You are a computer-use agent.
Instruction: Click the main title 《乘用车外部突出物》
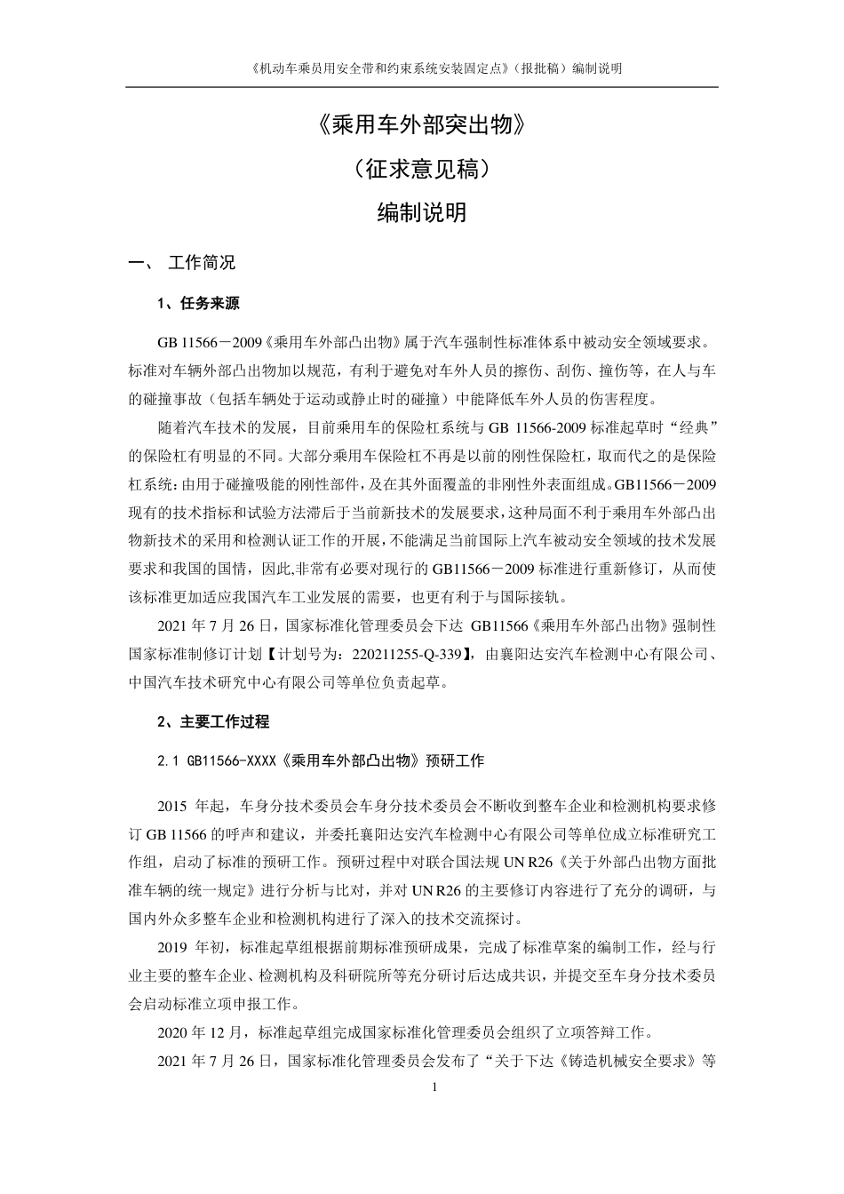(x=422, y=125)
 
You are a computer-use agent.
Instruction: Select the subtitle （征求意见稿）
(x=422, y=169)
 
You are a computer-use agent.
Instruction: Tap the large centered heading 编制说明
(x=422, y=213)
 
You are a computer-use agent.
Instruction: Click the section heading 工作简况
(x=202, y=263)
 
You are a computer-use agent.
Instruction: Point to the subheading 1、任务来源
(x=198, y=304)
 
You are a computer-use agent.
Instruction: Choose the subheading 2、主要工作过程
(x=212, y=721)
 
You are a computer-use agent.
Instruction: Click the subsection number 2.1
(x=168, y=761)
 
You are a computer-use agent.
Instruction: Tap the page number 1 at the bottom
(x=434, y=1088)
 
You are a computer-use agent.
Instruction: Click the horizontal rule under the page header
(x=422, y=87)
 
